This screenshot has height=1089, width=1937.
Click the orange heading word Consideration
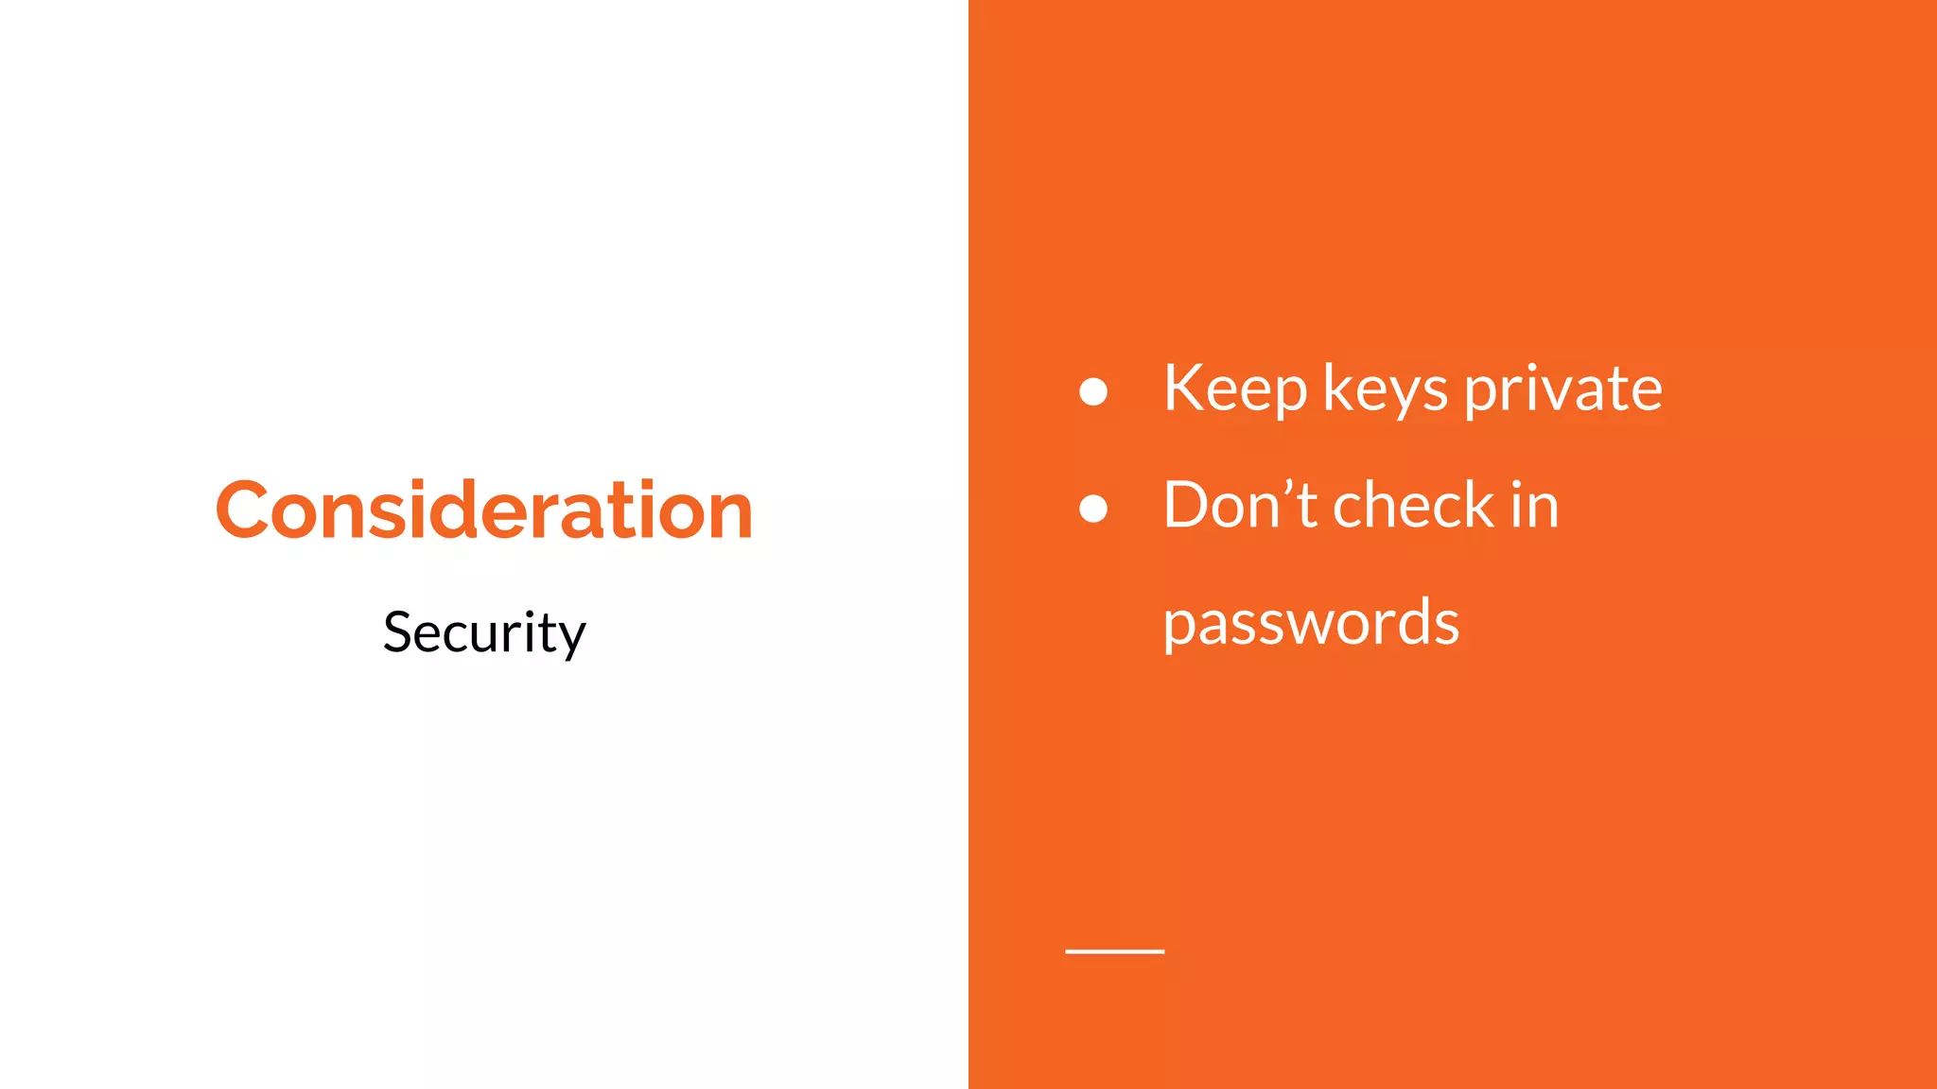pos(484,510)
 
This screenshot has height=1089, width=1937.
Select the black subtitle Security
pos(484,632)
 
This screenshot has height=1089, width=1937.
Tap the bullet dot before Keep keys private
pos(1093,391)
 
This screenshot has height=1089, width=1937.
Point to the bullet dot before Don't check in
pos(1093,509)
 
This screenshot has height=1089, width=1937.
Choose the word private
pos(1563,389)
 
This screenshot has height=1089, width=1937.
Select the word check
pos(1413,505)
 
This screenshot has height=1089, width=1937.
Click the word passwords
pos(1311,623)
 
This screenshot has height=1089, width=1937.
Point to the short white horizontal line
pos(1115,951)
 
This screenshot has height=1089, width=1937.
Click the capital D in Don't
pos(1188,505)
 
